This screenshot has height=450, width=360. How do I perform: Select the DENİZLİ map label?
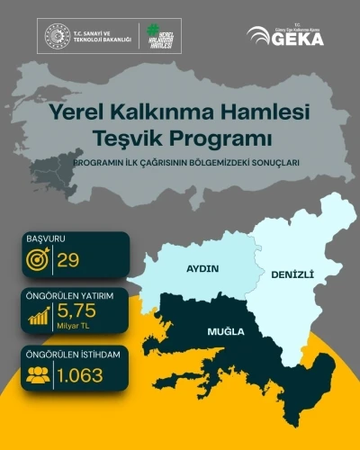coord(292,274)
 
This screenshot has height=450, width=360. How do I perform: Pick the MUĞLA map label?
coord(226,331)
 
